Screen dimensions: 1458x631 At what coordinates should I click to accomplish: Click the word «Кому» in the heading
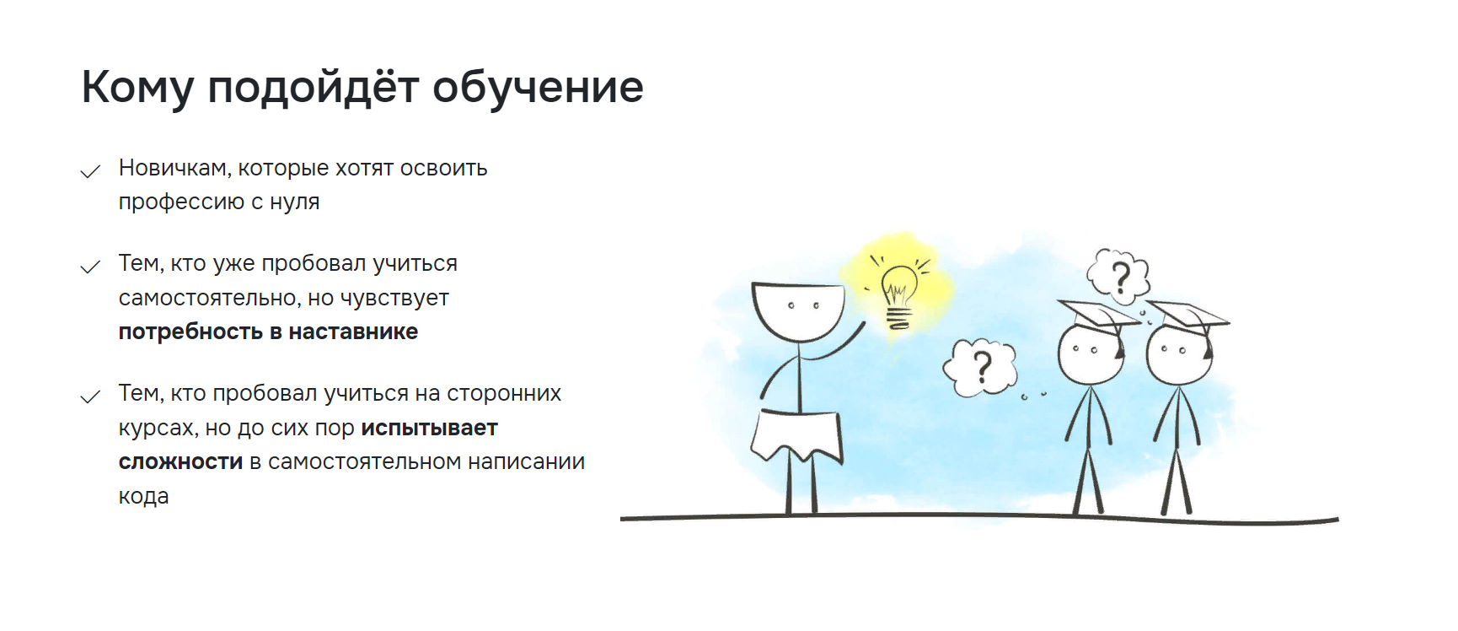[x=138, y=88]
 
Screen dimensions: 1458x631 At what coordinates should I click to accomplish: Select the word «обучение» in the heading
[x=539, y=88]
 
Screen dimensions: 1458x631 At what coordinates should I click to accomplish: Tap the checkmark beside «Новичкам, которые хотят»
[x=90, y=171]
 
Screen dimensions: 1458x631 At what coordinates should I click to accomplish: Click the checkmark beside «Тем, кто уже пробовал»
[x=90, y=267]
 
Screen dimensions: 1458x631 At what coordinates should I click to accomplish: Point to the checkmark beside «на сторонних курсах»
[x=90, y=396]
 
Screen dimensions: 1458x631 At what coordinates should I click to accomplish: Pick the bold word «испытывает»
[x=430, y=428]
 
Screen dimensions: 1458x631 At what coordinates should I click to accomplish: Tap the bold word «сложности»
[x=180, y=462]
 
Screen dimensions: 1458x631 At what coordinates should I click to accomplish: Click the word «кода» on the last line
[x=143, y=497]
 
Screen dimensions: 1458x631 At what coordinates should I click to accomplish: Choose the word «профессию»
[x=182, y=202]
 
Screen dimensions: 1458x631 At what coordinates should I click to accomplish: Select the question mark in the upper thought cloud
[x=1121, y=278]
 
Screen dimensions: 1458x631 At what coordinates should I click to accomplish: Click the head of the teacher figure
[x=798, y=310]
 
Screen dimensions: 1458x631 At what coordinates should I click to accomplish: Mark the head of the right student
[x=1179, y=355]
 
